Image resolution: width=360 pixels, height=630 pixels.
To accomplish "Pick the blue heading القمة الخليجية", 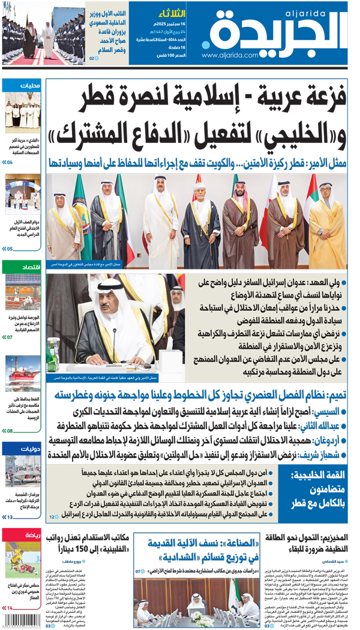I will coord(316,475).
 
